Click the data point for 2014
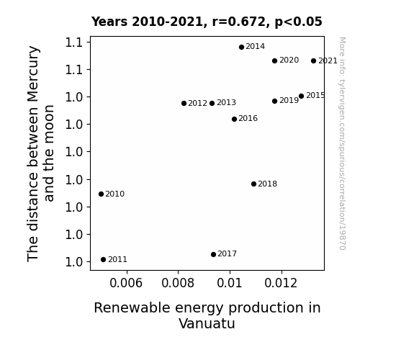pos(241,48)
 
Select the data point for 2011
pos(103,260)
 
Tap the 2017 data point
pos(213,254)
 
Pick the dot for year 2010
pos(101,194)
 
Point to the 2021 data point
pos(313,61)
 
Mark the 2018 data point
pos(253,184)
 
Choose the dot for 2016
pos(234,119)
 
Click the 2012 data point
pos(184,103)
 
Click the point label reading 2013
pos(226,102)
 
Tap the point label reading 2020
pos(289,60)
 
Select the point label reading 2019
pos(289,100)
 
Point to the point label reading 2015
pos(315,95)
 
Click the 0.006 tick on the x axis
pos(126,283)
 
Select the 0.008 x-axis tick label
pos(178,283)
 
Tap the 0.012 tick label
pos(281,283)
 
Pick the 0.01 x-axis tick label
pos(230,283)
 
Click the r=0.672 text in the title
pos(240,22)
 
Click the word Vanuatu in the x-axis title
pos(207,323)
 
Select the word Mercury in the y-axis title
pos(33,74)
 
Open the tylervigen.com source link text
pos(342,143)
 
